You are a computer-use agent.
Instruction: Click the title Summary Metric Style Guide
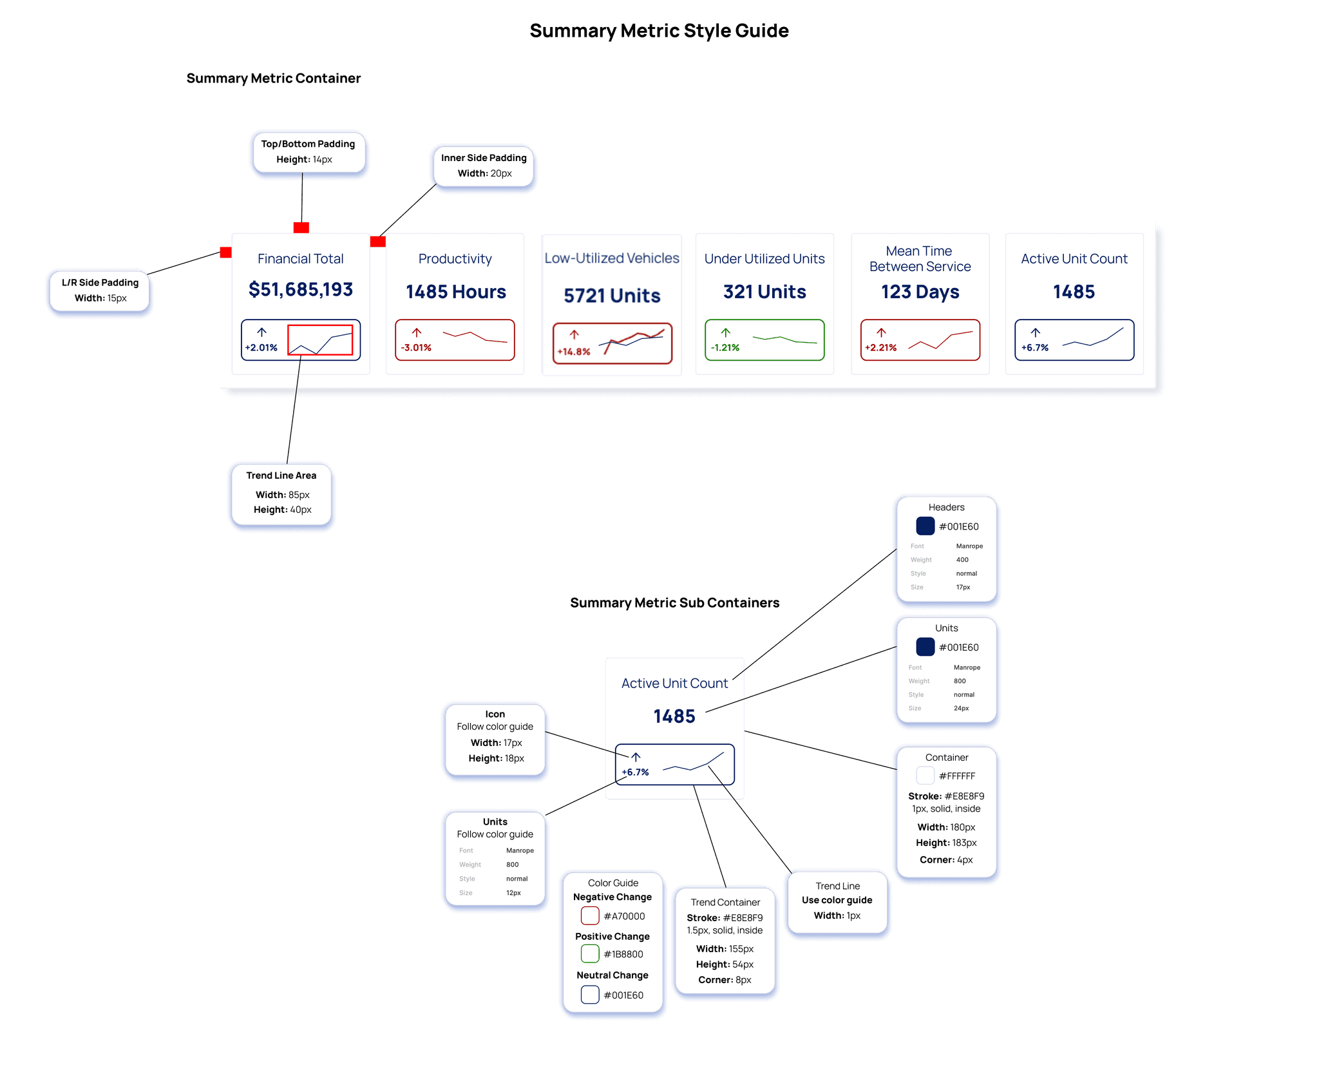point(659,31)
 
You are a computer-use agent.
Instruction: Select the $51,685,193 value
point(301,290)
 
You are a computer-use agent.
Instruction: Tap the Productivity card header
point(455,259)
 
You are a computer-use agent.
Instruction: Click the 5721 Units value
point(612,296)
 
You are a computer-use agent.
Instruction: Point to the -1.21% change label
point(725,348)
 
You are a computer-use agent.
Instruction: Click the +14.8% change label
point(574,352)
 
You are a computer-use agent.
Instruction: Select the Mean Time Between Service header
point(920,259)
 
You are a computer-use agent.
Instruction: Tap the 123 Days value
point(920,292)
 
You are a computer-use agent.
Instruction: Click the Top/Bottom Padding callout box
point(308,152)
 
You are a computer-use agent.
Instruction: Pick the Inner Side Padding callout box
point(484,166)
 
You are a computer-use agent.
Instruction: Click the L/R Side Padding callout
point(100,291)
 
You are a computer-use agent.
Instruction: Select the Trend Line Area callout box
point(281,493)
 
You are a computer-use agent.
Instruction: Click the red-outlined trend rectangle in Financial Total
point(320,340)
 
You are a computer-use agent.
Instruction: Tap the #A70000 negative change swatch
point(590,915)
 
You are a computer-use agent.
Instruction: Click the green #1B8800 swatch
point(590,953)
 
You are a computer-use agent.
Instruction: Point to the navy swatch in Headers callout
point(925,526)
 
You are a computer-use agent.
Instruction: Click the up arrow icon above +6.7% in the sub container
point(636,757)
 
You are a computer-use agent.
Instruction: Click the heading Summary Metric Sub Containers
point(674,603)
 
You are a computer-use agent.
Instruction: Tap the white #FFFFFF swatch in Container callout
point(925,776)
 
